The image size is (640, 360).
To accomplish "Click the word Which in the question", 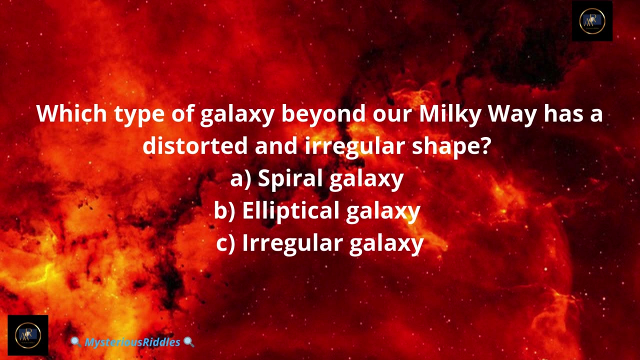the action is pos(71,113).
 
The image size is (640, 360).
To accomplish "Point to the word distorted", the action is pos(195,145).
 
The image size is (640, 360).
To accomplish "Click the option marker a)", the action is pos(240,179).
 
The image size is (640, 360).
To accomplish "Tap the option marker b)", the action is pos(224,211).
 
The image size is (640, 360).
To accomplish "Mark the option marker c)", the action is pos(225,243).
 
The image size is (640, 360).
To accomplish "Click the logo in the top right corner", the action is pos(592,21).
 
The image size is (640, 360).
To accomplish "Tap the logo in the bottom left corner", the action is pos(28,335).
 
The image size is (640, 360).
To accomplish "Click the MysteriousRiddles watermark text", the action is pos(132,342).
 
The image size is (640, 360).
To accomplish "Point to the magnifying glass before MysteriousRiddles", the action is pos(75,341).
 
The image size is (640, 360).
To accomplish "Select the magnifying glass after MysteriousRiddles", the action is pos(189,341).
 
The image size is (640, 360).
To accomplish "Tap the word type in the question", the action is pos(139,115).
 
